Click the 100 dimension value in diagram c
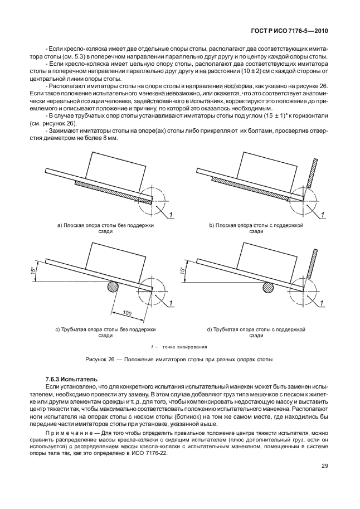tap(127, 314)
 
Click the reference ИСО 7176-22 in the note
tap(150, 453)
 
